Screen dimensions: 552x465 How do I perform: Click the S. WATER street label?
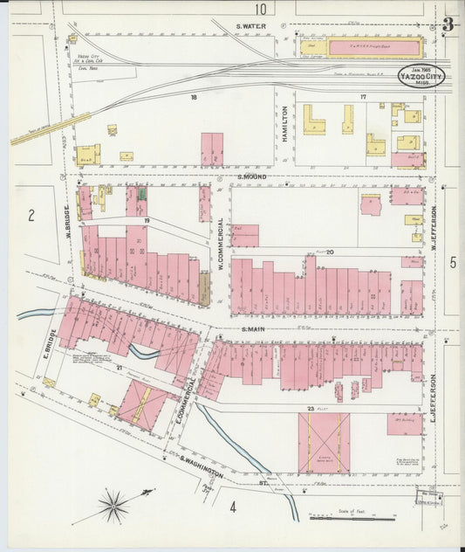(251, 26)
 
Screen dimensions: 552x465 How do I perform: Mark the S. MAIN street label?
(253, 329)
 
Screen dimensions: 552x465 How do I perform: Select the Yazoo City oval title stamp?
(421, 75)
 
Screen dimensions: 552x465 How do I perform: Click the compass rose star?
(113, 504)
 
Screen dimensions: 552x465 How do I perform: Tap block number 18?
(195, 98)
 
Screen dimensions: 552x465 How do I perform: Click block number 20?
(331, 252)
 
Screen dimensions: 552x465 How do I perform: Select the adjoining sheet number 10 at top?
(260, 9)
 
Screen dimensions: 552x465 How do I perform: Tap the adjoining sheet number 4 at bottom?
(233, 506)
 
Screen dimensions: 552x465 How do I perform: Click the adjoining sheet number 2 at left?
(30, 216)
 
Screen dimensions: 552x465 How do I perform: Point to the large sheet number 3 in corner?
(448, 24)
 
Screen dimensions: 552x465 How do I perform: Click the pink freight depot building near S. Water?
(360, 46)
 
